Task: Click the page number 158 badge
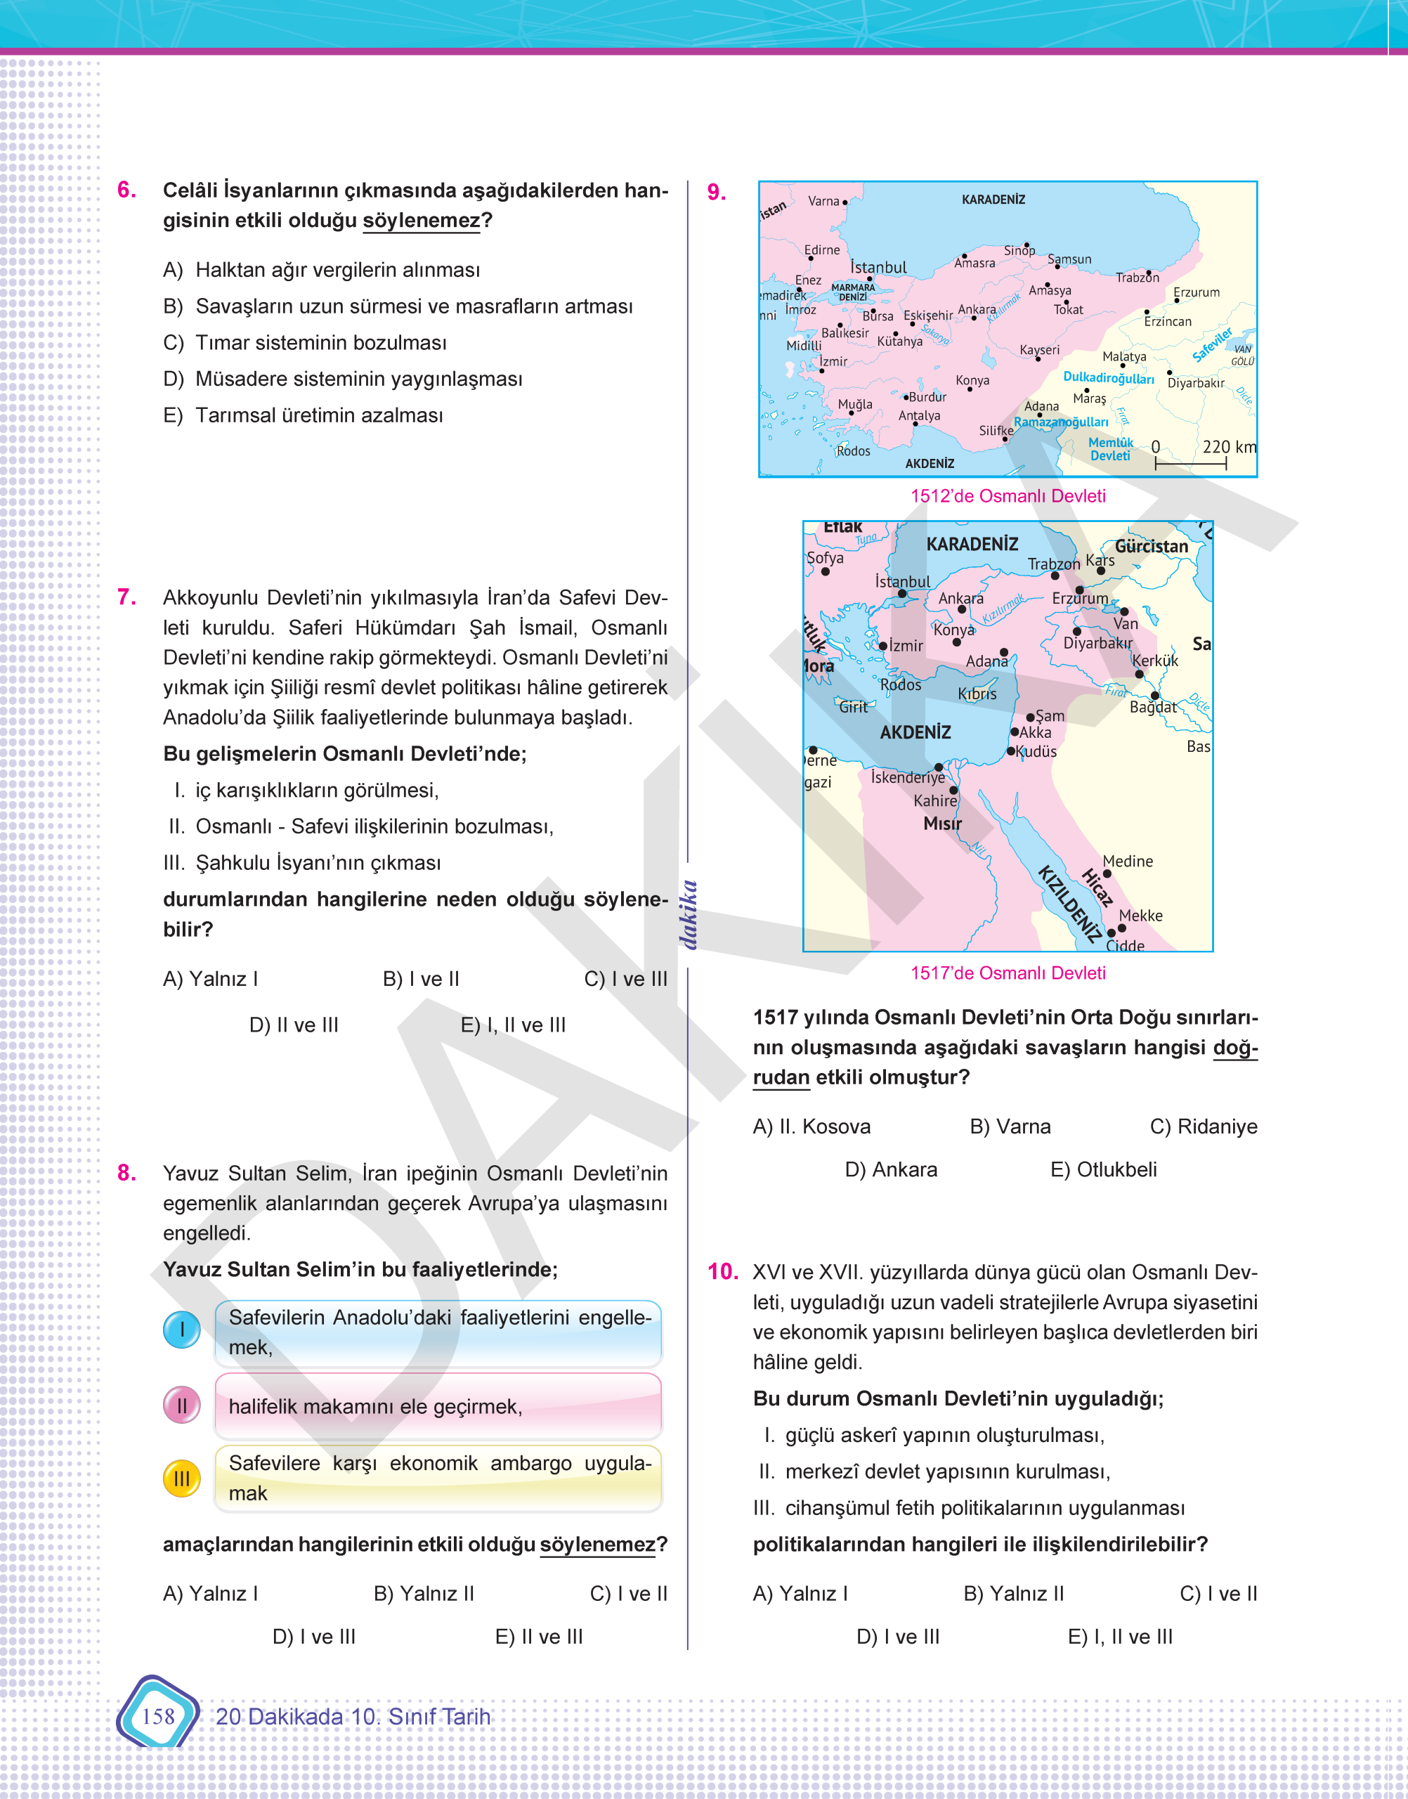[x=157, y=1716]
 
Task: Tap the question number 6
[x=127, y=190]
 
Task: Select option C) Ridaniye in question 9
[x=1203, y=1126]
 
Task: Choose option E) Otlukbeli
[x=1103, y=1169]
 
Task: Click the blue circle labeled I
[x=181, y=1329]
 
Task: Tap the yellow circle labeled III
[x=181, y=1479]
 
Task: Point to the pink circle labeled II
[x=181, y=1405]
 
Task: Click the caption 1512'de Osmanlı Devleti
[x=1008, y=495]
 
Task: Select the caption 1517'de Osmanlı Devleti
[x=1008, y=973]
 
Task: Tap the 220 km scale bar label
[x=1228, y=447]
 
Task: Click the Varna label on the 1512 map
[x=823, y=201]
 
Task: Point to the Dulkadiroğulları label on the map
[x=1108, y=377]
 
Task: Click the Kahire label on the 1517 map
[x=935, y=800]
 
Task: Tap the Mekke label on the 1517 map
[x=1140, y=915]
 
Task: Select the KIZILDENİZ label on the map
[x=1069, y=904]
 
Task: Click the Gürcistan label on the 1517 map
[x=1151, y=546]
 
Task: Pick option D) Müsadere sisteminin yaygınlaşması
[x=358, y=379]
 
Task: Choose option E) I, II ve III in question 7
[x=513, y=1025]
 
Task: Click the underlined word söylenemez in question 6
[x=422, y=220]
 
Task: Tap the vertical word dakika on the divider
[x=689, y=914]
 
